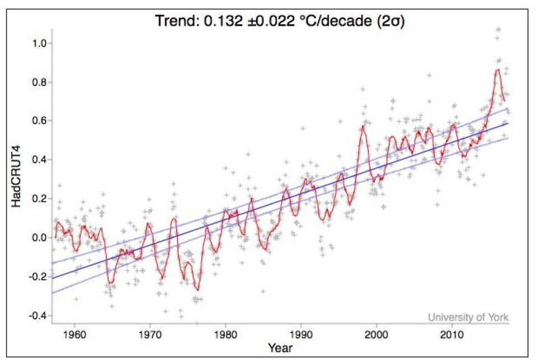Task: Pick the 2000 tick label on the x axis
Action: (x=377, y=335)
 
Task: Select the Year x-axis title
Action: (x=279, y=348)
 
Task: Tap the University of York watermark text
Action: (x=468, y=317)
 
